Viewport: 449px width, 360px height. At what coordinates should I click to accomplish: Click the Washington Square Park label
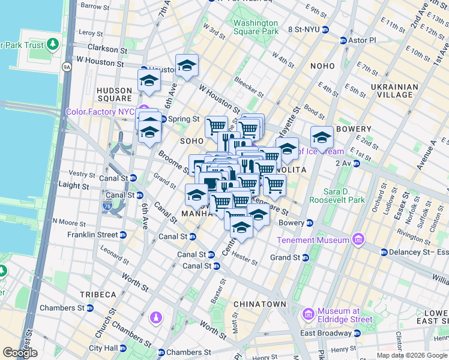click(x=256, y=27)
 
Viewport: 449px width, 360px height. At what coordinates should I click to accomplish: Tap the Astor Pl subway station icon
click(x=343, y=40)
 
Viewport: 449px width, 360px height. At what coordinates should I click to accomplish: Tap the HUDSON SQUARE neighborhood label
click(x=114, y=94)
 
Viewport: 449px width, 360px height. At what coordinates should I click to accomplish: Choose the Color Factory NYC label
click(x=100, y=112)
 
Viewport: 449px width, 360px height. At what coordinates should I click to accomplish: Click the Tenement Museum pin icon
click(x=359, y=240)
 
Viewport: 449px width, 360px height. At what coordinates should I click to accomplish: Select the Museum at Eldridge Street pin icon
click(x=309, y=314)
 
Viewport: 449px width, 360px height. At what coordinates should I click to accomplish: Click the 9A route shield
click(x=67, y=67)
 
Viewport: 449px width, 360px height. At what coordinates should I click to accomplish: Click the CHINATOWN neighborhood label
click(x=259, y=304)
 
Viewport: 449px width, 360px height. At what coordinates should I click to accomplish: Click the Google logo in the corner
click(x=20, y=353)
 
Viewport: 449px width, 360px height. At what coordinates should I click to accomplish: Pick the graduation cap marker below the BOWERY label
click(x=322, y=139)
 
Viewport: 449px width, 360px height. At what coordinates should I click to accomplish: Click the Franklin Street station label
click(x=92, y=235)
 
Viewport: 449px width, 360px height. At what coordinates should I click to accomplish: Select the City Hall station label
click(x=104, y=348)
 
